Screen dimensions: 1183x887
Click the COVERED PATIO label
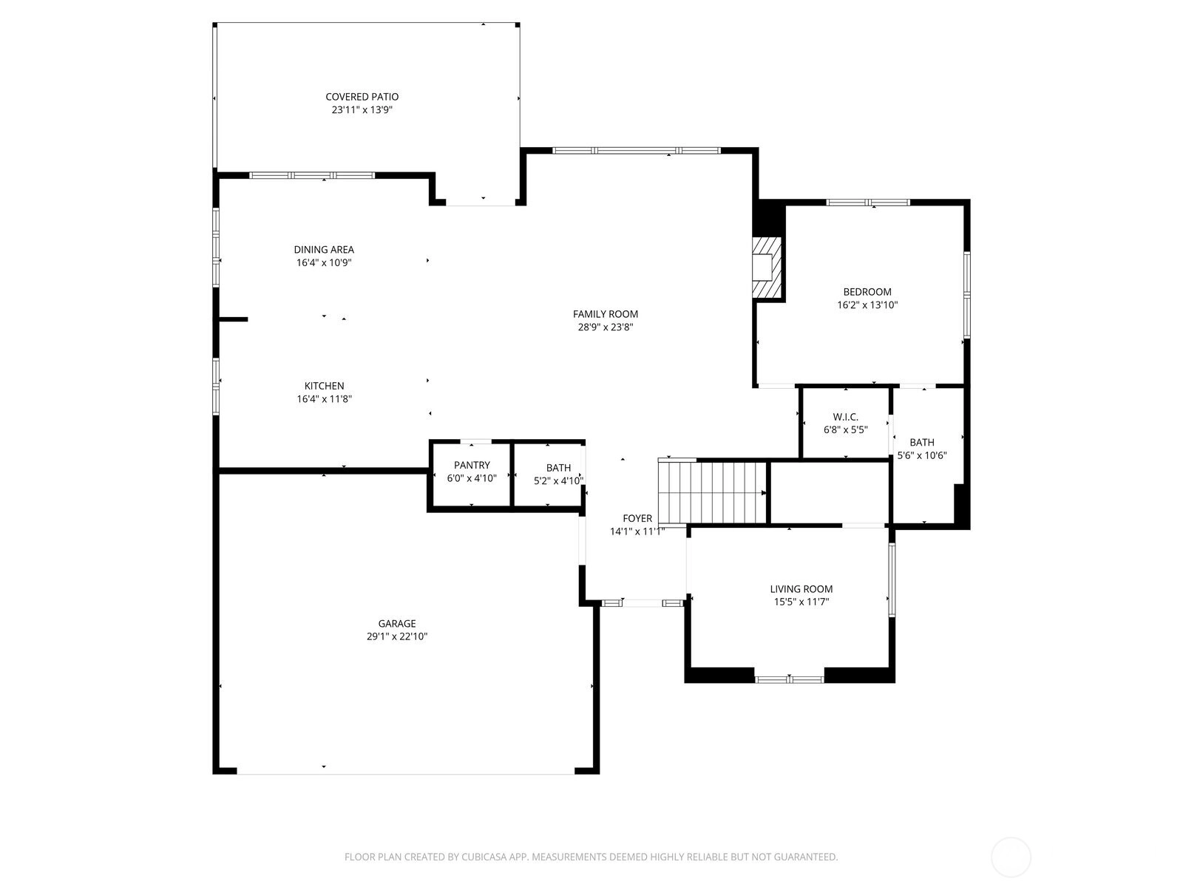pyautogui.click(x=362, y=97)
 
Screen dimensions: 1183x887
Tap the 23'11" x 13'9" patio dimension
pyautogui.click(x=362, y=110)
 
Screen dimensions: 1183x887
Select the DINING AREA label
pyautogui.click(x=324, y=249)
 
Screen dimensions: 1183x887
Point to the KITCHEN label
pyautogui.click(x=324, y=386)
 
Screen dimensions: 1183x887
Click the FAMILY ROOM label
pyautogui.click(x=606, y=314)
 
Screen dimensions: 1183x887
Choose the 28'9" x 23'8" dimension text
pyautogui.click(x=606, y=327)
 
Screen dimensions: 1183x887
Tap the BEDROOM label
pyautogui.click(x=867, y=292)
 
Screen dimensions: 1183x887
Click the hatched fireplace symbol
pyautogui.click(x=767, y=268)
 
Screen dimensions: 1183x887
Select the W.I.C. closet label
pyautogui.click(x=846, y=417)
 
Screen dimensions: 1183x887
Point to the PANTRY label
pyautogui.click(x=472, y=465)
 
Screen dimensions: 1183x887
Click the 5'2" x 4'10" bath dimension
pyautogui.click(x=558, y=480)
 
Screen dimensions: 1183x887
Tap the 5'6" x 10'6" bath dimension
pyautogui.click(x=921, y=455)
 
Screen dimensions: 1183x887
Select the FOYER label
pyautogui.click(x=637, y=518)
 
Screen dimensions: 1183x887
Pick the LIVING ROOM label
pyautogui.click(x=801, y=588)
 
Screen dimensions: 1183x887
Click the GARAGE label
pyautogui.click(x=396, y=623)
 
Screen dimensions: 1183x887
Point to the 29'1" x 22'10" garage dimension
pyautogui.click(x=396, y=636)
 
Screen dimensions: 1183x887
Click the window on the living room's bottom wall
pyautogui.click(x=790, y=679)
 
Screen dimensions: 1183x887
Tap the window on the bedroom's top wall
pyautogui.click(x=868, y=203)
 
